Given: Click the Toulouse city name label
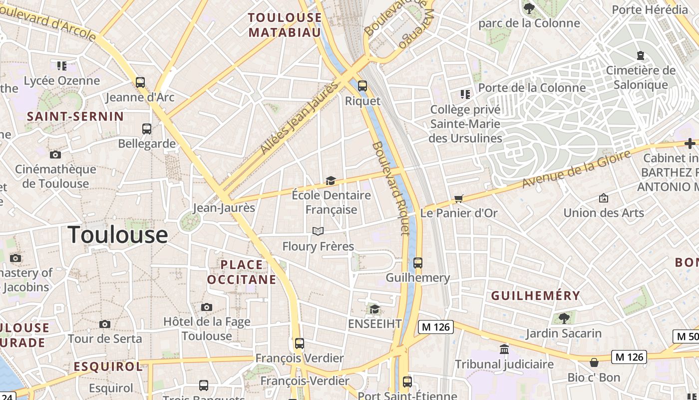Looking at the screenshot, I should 118,234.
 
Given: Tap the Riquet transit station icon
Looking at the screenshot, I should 362,85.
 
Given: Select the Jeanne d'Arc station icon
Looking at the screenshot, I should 140,82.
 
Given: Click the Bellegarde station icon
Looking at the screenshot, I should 147,128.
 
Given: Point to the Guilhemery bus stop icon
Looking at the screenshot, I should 418,262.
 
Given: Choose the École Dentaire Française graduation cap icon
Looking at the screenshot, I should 331,180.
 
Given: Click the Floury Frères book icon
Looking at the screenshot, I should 318,231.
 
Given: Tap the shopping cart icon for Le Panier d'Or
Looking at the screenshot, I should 459,198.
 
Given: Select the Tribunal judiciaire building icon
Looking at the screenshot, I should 504,349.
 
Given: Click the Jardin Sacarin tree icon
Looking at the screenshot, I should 564,317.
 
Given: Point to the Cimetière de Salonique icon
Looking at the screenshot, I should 641,55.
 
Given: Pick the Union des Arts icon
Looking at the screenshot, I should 603,198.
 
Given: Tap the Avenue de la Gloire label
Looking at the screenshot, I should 577,169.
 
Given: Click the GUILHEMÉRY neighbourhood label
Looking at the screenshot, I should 536,295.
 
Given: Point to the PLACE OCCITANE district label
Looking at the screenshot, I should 242,272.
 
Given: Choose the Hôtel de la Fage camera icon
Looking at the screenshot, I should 207,307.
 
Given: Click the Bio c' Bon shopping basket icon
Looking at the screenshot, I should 594,362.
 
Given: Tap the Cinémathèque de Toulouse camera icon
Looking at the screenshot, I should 55,154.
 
